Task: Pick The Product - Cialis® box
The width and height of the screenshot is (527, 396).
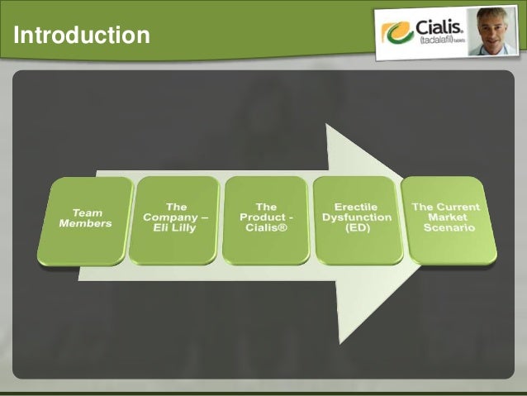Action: (x=266, y=219)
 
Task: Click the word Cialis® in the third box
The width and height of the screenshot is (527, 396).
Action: (x=266, y=228)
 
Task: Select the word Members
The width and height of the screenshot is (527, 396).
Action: (x=85, y=223)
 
